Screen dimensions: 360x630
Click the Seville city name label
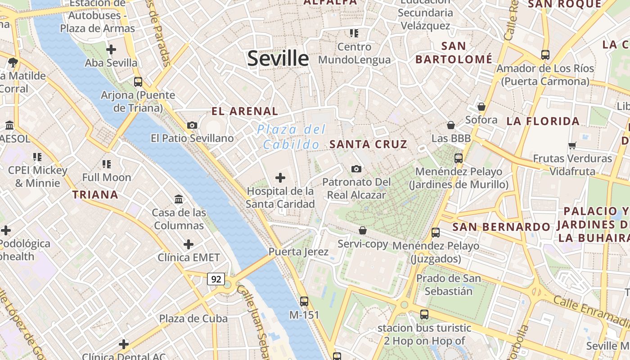278,58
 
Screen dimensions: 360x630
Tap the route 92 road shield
216,279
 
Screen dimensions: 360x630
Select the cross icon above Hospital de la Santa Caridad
280,178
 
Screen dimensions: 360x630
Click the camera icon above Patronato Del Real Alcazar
356,169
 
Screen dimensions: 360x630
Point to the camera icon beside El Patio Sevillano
192,125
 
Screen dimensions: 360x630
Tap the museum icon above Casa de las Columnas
179,199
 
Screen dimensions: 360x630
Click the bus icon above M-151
304,301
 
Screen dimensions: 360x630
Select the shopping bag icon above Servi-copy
363,230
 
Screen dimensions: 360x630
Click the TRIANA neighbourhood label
95,195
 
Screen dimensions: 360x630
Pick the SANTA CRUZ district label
368,144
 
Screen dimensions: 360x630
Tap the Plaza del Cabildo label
291,137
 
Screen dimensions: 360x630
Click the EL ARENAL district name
245,111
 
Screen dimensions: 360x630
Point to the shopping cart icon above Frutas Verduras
572,145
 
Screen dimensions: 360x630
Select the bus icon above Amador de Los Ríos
545,55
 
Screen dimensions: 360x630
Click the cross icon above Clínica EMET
189,244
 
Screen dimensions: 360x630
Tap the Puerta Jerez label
298,252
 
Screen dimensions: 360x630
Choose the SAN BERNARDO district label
501,227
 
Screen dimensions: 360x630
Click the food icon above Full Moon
107,164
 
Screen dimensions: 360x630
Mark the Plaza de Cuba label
193,319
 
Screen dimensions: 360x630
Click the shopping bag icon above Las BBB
451,125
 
